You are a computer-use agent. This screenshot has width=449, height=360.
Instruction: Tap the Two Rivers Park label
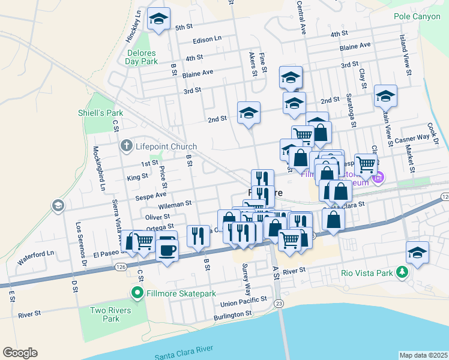[105, 314]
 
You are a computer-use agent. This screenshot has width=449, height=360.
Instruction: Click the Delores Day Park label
[142, 57]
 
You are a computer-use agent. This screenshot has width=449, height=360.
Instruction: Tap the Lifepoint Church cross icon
[126, 146]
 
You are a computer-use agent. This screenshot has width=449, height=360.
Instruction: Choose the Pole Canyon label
[417, 17]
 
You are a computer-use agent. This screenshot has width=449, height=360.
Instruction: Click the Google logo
[20, 353]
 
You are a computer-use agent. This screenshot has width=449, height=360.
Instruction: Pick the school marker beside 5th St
[159, 19]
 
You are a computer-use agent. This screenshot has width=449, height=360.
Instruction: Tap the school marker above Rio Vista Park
[417, 253]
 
